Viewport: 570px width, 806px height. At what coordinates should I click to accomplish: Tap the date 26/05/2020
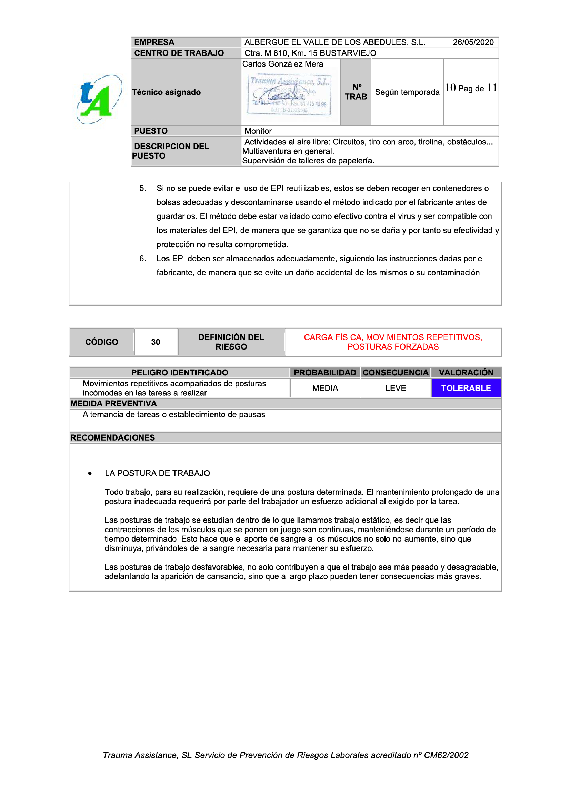473,42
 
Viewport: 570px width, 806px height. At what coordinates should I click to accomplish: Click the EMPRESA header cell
186,42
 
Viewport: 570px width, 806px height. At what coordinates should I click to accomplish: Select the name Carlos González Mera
283,64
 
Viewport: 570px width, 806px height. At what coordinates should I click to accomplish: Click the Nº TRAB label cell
356,92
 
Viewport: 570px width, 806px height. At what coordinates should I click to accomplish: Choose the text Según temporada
407,92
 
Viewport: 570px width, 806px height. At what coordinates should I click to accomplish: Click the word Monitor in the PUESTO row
258,131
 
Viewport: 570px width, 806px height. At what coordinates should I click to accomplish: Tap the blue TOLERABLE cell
466,388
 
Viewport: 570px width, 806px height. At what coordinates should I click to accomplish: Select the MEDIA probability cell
325,388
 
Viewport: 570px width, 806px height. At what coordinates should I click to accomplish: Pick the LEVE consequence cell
396,388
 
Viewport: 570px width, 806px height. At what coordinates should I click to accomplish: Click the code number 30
156,342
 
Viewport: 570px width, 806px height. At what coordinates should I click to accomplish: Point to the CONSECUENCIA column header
396,373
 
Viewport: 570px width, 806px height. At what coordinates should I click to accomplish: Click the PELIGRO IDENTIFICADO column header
179,373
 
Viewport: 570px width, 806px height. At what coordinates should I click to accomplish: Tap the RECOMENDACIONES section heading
113,438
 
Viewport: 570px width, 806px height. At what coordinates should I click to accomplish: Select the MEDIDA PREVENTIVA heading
114,404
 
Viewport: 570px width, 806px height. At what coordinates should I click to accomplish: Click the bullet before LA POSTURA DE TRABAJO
90,474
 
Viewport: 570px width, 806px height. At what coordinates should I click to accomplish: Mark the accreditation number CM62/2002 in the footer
446,755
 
